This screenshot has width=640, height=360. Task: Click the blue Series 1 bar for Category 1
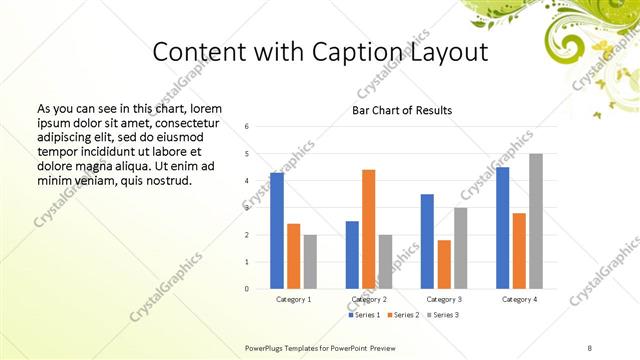coord(277,231)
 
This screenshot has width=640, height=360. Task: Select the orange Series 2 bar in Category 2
coord(368,229)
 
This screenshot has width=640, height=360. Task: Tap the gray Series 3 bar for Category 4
coord(536,221)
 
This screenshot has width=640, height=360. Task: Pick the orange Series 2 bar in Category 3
coord(443,264)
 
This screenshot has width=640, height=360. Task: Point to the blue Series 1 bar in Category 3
coord(427,241)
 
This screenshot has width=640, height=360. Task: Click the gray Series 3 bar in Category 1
coord(310,262)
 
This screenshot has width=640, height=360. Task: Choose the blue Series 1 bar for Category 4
coord(502,228)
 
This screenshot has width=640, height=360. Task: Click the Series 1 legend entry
coord(365,315)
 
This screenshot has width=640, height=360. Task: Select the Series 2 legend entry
coord(402,315)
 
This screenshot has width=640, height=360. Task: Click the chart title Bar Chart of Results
coord(402,110)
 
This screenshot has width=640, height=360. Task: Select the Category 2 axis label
coord(369,299)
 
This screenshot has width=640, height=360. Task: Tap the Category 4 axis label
coord(519,299)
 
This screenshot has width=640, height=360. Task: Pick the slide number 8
coord(589,347)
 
